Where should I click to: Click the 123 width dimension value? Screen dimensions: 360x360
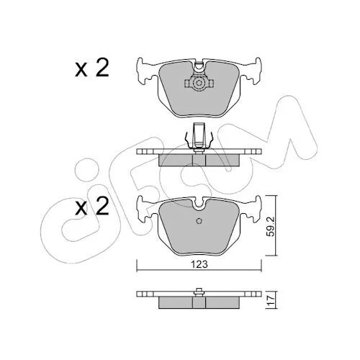point(199,264)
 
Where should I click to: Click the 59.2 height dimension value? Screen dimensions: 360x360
point(271,225)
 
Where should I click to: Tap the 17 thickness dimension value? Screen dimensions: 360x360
point(271,300)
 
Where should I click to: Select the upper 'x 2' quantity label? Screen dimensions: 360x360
point(92,68)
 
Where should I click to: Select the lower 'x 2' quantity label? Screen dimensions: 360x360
point(92,206)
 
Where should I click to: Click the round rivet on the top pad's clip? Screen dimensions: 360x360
point(199,84)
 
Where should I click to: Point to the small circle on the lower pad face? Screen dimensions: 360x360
point(199,221)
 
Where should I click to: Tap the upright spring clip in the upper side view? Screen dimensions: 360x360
point(199,136)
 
